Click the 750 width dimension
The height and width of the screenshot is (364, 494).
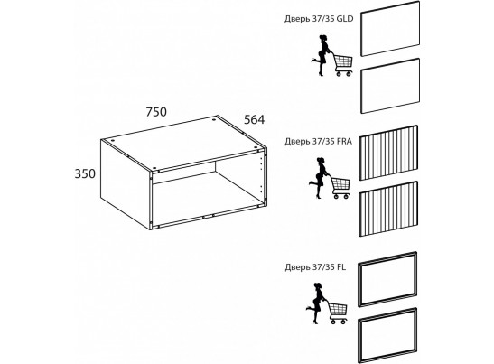click(156, 112)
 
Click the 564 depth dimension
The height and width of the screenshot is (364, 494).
click(255, 119)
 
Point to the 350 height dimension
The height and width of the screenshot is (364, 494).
click(85, 173)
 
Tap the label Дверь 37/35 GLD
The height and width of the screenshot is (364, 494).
click(319, 19)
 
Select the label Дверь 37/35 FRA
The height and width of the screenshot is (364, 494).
click(318, 141)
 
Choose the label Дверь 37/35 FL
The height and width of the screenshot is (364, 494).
click(315, 267)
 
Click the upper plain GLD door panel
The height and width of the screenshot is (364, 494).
click(390, 28)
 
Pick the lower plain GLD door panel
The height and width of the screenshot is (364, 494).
click(390, 86)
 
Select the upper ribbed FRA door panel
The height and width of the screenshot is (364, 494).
click(388, 153)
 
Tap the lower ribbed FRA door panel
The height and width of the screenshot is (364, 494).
click(388, 209)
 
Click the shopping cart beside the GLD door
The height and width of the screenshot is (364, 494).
click(341, 65)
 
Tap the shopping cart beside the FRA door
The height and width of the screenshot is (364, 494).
click(339, 187)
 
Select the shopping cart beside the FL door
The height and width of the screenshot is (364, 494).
click(337, 313)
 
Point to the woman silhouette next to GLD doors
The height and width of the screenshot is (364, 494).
click(321, 55)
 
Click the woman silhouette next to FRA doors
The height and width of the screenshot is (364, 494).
click(319, 178)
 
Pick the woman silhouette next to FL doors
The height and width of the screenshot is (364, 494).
click(316, 303)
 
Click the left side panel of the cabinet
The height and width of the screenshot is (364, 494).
click(125, 184)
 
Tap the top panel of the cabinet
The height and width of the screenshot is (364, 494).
click(183, 144)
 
